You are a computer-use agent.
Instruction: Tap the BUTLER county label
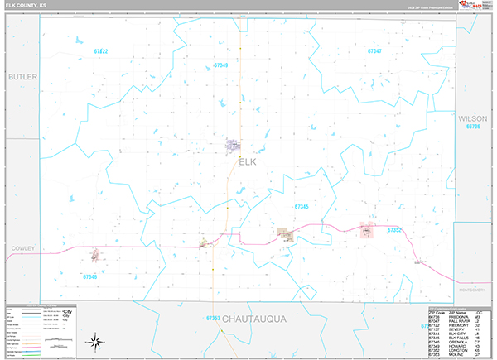(x=23, y=77)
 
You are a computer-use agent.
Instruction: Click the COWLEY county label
(x=21, y=247)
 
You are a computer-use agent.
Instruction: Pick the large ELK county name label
(x=248, y=162)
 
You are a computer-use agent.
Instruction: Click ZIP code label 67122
(x=101, y=51)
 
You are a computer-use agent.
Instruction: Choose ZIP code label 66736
(x=473, y=127)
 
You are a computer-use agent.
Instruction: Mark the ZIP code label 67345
(x=301, y=206)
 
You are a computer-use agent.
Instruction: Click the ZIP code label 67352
(x=394, y=229)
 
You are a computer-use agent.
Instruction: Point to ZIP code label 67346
(x=90, y=276)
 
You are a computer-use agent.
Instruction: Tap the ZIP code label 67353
(x=213, y=318)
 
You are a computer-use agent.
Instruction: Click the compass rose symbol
(x=96, y=340)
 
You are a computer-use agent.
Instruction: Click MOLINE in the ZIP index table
(x=458, y=356)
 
